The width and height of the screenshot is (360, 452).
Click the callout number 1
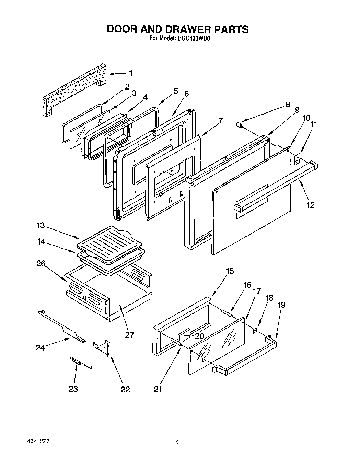(131, 73)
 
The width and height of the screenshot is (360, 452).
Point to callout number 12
(310, 205)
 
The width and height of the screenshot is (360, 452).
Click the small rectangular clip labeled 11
(297, 158)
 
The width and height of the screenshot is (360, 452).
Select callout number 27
(129, 335)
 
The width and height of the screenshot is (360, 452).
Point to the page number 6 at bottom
(177, 442)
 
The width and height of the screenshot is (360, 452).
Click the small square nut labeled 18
(255, 331)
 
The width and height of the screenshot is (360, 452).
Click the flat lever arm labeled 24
(62, 327)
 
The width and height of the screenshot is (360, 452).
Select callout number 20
(199, 336)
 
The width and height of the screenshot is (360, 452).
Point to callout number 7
(220, 121)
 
